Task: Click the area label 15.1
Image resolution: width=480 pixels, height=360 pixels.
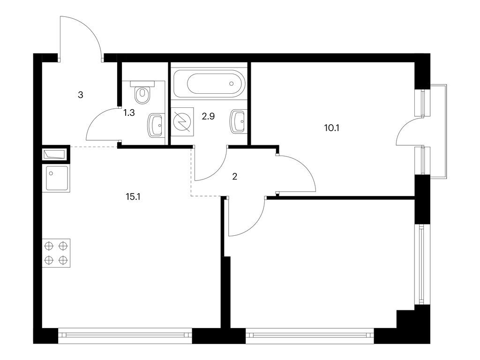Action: pos(133,197)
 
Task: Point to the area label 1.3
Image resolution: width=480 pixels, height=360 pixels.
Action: pos(129,113)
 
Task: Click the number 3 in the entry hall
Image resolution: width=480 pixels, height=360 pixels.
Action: pos(81,95)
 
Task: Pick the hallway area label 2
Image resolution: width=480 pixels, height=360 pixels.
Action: pos(235,176)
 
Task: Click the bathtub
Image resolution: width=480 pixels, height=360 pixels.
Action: pos(209,84)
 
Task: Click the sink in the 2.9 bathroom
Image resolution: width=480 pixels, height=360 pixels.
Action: pos(238,121)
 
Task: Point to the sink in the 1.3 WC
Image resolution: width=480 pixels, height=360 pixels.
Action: pos(156,125)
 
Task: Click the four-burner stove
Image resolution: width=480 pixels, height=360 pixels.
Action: pos(56,253)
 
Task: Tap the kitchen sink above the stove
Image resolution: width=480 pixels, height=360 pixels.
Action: pos(56,178)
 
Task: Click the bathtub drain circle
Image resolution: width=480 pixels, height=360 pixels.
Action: pos(231,84)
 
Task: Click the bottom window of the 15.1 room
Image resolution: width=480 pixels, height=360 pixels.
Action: pos(125,335)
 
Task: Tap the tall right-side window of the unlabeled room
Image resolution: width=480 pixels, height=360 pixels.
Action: pos(421,265)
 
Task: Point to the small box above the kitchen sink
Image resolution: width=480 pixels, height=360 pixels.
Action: pos(55,154)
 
